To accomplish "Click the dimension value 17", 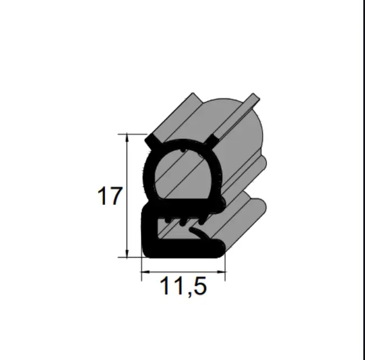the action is pyautogui.click(x=110, y=196).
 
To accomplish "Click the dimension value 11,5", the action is pyautogui.click(x=183, y=287).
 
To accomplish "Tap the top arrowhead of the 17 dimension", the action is pyautogui.click(x=127, y=137).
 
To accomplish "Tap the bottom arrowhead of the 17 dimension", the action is pyautogui.click(x=127, y=254).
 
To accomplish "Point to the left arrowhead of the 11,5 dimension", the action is pyautogui.click(x=146, y=272).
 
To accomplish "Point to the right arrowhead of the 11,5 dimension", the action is pyautogui.click(x=221, y=272).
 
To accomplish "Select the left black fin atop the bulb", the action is pyautogui.click(x=153, y=142).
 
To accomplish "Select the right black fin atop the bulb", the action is pyautogui.click(x=213, y=141).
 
